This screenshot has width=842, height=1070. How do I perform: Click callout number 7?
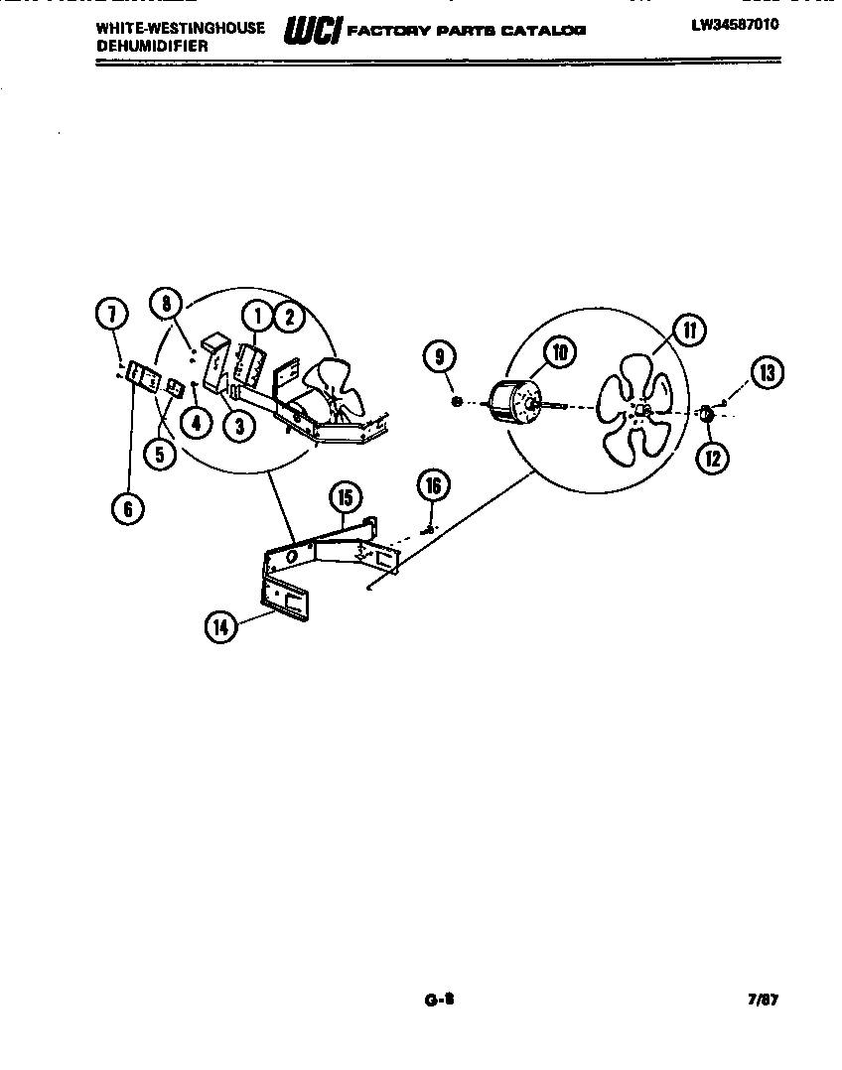point(112,315)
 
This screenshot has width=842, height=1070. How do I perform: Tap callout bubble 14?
point(221,626)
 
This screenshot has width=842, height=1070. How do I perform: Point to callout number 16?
point(432,486)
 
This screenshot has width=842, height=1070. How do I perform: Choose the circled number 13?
point(765,373)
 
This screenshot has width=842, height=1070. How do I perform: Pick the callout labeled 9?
point(439,354)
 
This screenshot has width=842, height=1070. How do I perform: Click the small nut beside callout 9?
point(457,401)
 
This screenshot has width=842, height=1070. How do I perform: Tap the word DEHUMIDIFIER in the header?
point(152,46)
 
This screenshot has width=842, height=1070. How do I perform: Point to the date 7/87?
point(762,1002)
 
